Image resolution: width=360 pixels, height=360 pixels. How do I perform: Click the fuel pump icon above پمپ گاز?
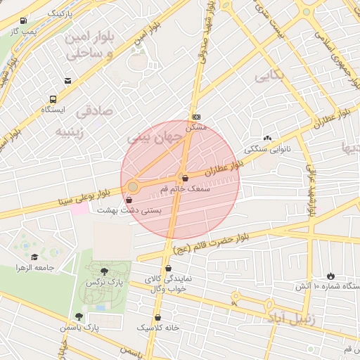click(25, 21)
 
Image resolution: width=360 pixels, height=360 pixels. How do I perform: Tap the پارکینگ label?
click(64, 13)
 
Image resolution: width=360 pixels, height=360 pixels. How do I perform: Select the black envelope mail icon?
click(67, 81)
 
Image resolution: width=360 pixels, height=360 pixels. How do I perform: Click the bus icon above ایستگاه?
click(53, 99)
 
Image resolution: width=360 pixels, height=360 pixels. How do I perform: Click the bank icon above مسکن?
click(196, 117)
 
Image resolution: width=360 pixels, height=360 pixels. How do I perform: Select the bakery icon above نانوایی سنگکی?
click(266, 138)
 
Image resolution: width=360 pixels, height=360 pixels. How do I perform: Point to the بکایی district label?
click(271, 77)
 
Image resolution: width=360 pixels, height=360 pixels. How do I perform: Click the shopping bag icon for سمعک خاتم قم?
click(184, 179)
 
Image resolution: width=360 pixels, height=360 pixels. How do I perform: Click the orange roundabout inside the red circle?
click(133, 186)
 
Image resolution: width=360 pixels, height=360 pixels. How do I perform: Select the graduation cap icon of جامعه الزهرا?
click(34, 257)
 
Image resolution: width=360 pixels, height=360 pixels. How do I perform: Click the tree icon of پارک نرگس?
click(105, 271)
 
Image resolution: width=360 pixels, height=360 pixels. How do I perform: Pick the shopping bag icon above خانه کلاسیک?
click(158, 317)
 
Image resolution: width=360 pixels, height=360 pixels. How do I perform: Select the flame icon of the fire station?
click(330, 276)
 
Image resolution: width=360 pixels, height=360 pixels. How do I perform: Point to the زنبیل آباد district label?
click(288, 319)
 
